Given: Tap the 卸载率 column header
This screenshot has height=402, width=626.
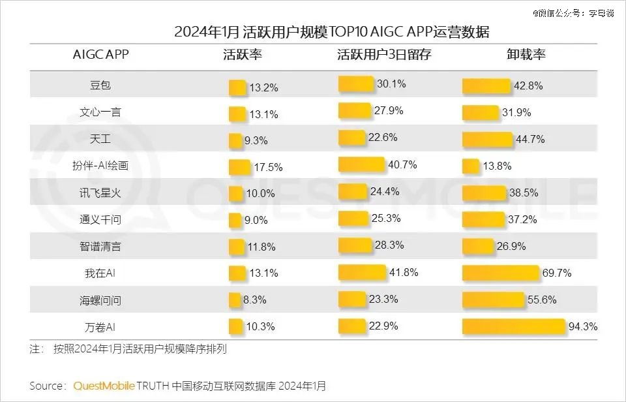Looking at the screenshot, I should point(526,55).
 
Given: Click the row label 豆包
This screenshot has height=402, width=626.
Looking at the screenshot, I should point(100,85).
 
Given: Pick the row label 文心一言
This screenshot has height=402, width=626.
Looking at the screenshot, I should point(100,112).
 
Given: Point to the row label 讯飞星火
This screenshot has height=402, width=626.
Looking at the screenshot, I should point(100,193).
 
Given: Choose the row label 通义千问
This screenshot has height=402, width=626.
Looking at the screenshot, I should point(100,220).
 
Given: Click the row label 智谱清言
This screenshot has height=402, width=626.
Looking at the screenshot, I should point(100,247).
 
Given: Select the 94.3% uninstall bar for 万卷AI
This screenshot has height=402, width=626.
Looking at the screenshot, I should point(513,326).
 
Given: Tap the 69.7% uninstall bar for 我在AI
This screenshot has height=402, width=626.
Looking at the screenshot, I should point(500,272).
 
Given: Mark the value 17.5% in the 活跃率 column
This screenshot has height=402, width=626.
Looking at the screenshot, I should point(268,167).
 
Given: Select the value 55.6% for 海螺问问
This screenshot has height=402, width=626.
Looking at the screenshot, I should point(542,300).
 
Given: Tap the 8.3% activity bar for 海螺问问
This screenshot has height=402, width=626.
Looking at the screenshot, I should point(235,300).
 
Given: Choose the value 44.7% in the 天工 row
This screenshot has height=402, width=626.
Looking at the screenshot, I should point(529,140).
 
